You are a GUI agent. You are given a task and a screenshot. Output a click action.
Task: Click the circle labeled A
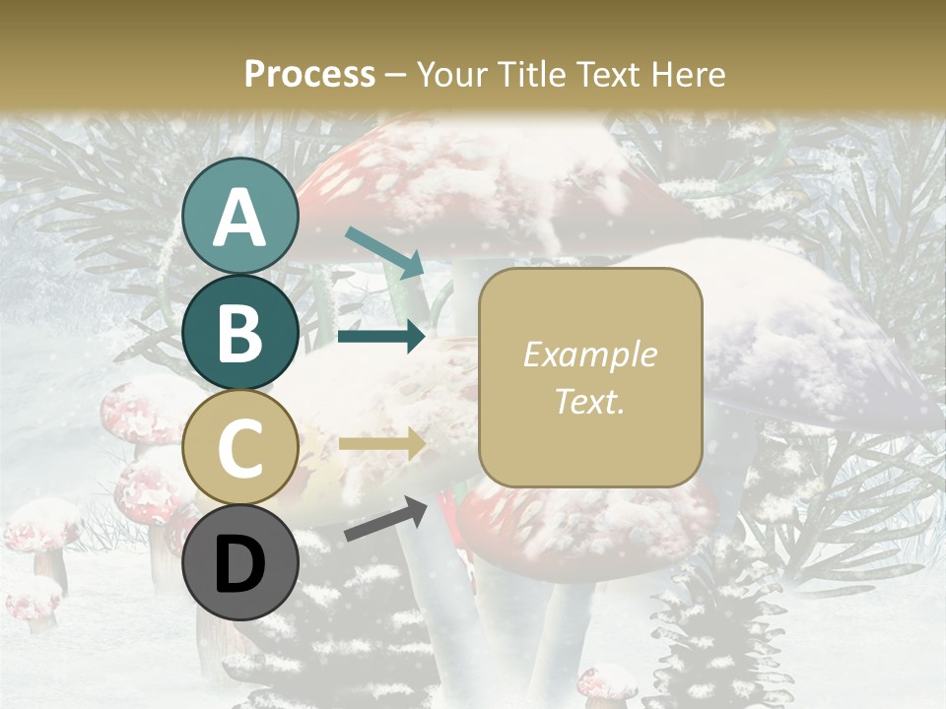pyautogui.click(x=240, y=216)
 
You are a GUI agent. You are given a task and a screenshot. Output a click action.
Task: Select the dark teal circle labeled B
pyautogui.click(x=240, y=332)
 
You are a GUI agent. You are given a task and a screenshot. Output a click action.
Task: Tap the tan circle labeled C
pyautogui.click(x=240, y=448)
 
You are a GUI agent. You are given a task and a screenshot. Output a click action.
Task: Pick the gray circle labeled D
pyautogui.click(x=240, y=563)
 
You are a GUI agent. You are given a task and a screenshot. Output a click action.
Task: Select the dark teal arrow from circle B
pyautogui.click(x=381, y=337)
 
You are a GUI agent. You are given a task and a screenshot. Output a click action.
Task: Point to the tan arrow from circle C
pyautogui.click(x=381, y=444)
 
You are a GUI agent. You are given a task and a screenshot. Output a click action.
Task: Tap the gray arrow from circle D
pyautogui.click(x=385, y=520)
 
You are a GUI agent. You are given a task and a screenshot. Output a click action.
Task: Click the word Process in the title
pyautogui.click(x=309, y=74)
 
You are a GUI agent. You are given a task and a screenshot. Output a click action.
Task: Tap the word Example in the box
pyautogui.click(x=589, y=354)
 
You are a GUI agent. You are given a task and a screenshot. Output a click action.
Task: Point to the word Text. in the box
pyautogui.click(x=589, y=402)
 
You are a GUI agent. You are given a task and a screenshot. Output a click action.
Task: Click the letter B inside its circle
pyautogui.click(x=240, y=333)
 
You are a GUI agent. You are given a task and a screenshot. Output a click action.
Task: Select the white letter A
pyautogui.click(x=240, y=217)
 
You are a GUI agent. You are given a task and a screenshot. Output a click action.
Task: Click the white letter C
pyautogui.click(x=240, y=449)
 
